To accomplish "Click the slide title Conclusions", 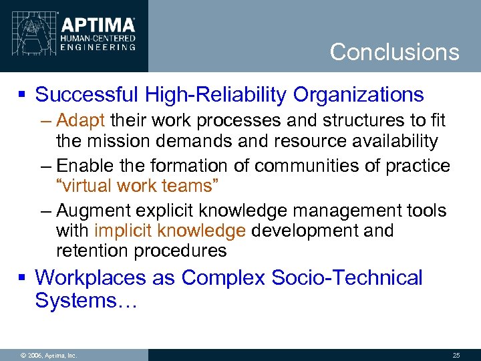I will [x=394, y=52].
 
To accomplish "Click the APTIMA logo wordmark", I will [x=98, y=25].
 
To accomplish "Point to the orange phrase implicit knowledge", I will [x=170, y=231].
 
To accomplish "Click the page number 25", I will [x=456, y=355].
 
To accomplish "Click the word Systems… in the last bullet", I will [x=86, y=301].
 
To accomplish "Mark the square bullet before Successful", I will [x=23, y=96].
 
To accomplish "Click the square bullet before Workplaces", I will [x=23, y=277].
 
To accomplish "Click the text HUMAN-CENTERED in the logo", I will [x=98, y=39].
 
